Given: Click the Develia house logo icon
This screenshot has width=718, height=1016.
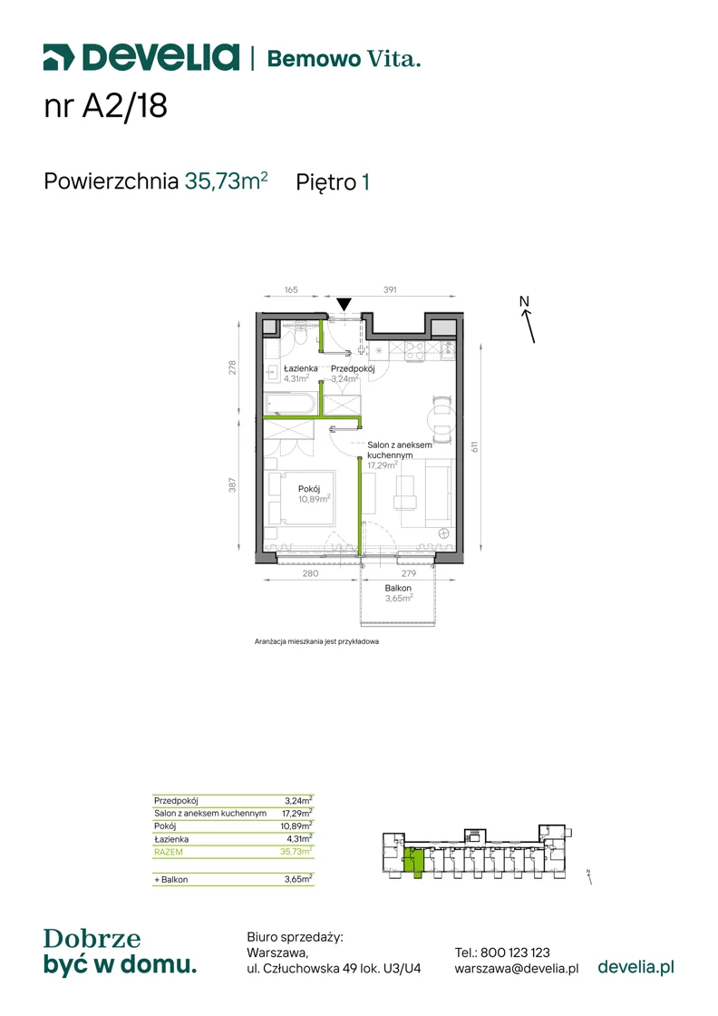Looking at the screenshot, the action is click(x=59, y=57).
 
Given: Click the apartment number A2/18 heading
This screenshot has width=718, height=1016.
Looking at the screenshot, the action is click(x=105, y=105).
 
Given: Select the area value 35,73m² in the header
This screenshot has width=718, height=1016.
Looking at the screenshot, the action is click(x=226, y=181).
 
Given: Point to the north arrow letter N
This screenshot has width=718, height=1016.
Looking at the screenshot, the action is click(x=524, y=300).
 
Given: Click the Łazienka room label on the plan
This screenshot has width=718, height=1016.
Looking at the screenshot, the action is click(x=300, y=368).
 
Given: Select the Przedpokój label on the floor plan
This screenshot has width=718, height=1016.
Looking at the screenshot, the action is click(x=353, y=368).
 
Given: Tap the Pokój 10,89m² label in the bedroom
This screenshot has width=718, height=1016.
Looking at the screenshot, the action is click(x=314, y=493).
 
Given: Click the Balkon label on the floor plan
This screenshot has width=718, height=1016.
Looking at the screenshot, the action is click(x=398, y=588).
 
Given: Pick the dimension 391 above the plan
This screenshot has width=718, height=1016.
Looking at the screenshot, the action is click(x=390, y=289).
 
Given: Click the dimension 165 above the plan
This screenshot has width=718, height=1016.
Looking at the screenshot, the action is click(x=291, y=289).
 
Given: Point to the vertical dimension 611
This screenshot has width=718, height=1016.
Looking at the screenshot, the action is click(x=474, y=446).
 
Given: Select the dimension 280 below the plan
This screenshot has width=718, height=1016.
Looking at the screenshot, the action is click(x=311, y=573).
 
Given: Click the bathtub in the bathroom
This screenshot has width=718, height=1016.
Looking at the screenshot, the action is click(x=289, y=404).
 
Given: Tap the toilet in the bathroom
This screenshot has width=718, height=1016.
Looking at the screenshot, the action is click(x=300, y=335).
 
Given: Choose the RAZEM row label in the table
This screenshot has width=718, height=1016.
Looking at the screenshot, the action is click(x=169, y=852).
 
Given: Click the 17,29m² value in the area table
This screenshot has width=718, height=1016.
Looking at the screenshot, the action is click(x=297, y=813).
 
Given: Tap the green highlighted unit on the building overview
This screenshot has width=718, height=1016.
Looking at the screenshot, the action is click(x=413, y=862).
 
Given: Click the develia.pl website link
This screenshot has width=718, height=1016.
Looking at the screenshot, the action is click(x=636, y=967).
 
